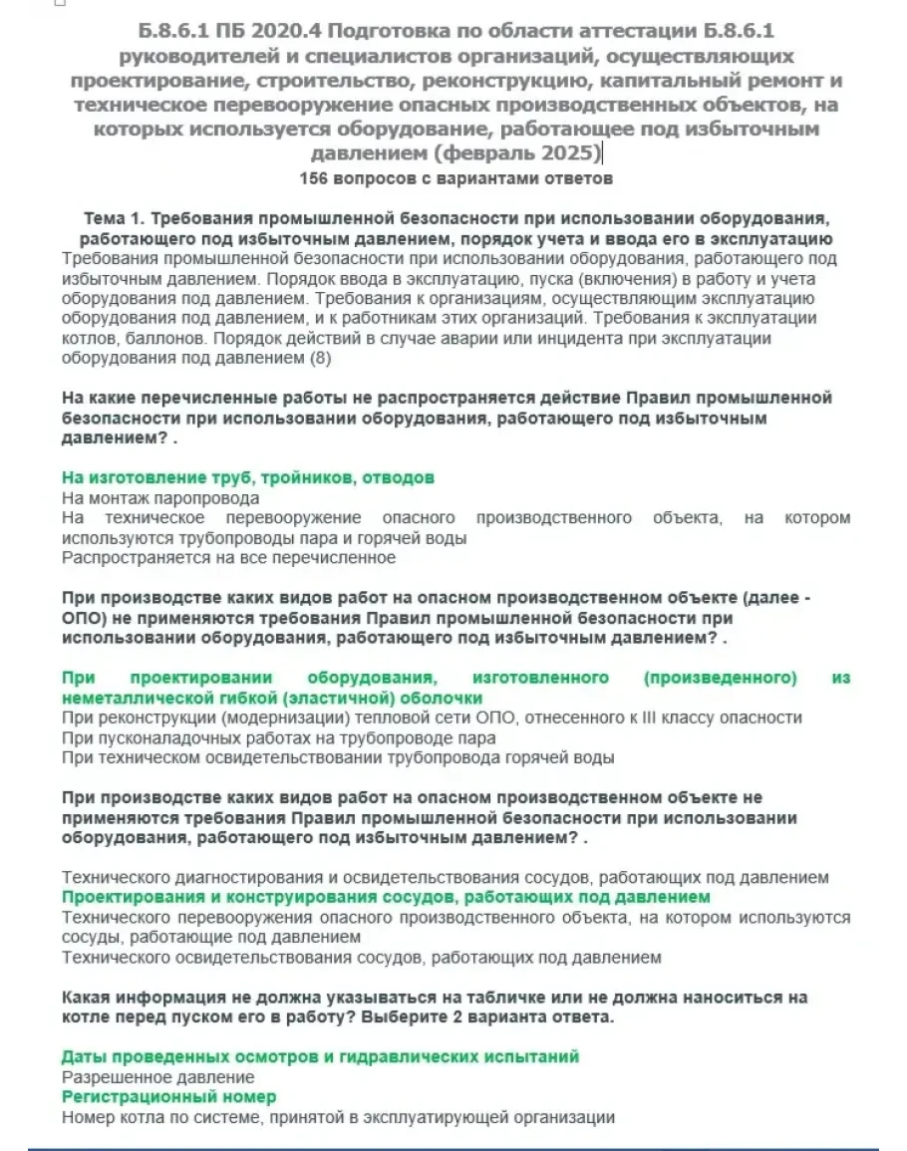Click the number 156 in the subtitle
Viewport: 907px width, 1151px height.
[312, 179]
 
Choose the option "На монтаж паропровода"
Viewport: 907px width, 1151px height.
[160, 498]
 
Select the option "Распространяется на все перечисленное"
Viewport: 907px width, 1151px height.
[228, 557]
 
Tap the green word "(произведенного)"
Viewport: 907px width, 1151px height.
[721, 678]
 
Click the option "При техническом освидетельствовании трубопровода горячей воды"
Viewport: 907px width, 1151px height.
[338, 757]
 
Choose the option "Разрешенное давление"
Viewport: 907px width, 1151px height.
[157, 1077]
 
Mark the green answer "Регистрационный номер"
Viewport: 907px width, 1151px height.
[168, 1096]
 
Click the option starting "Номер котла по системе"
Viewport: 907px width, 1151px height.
[338, 1117]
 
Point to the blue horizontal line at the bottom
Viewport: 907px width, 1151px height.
[453, 1150]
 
